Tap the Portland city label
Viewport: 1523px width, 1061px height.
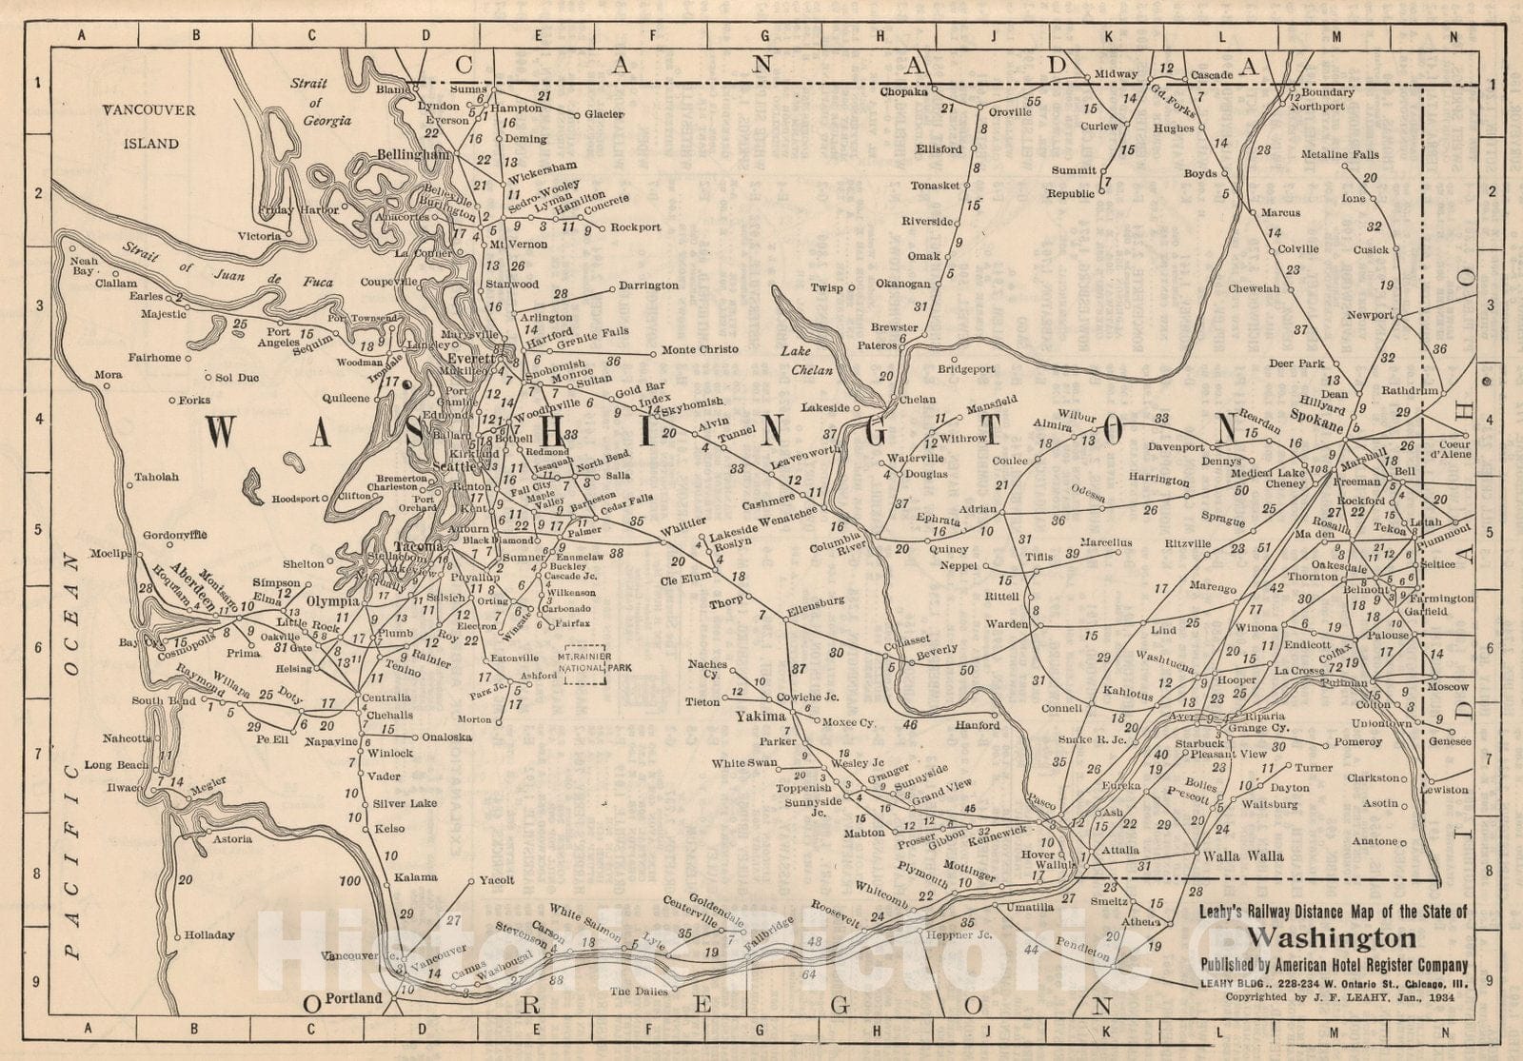click(354, 998)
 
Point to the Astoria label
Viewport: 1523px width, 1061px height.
click(232, 838)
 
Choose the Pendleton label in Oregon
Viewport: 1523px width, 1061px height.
click(1083, 948)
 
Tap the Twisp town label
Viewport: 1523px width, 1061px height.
click(826, 287)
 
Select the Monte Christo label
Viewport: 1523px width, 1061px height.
click(701, 349)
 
